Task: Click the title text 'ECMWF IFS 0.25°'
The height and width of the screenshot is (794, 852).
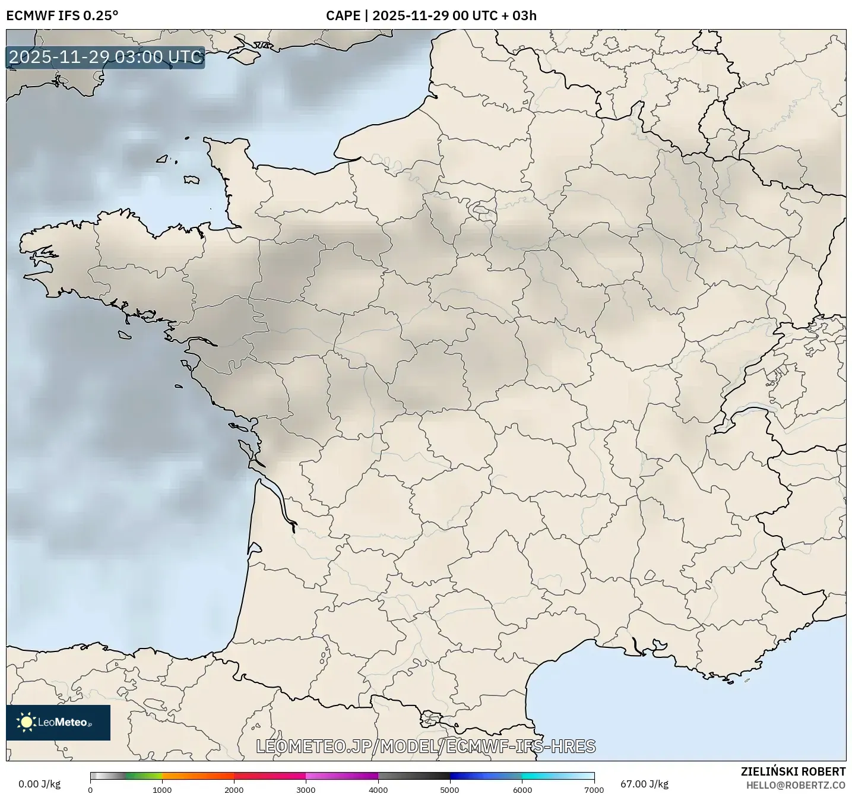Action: (62, 15)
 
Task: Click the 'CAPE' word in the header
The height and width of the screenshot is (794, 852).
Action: (343, 15)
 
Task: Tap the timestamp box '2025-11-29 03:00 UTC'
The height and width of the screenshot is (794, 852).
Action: (106, 57)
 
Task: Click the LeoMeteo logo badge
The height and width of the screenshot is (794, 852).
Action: (58, 722)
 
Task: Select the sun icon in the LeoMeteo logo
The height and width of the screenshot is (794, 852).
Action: (26, 722)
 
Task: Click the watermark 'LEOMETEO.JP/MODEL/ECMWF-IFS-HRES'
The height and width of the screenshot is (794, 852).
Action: (425, 746)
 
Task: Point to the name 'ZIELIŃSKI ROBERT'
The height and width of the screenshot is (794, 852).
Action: (793, 771)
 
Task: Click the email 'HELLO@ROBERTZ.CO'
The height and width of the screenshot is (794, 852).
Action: (796, 785)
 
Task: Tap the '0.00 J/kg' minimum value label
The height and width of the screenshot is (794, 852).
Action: (39, 784)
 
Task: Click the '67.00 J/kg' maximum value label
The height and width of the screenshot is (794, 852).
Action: (644, 784)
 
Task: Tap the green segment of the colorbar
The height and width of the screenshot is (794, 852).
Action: (142, 776)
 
